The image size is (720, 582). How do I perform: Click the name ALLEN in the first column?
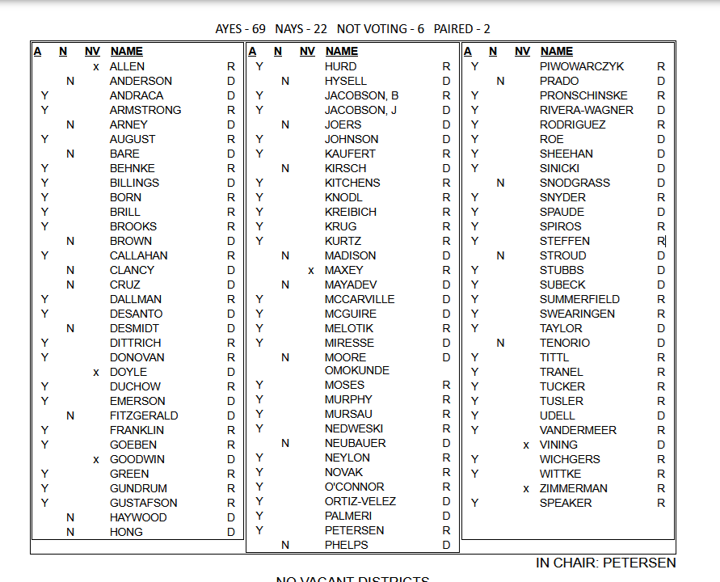127,66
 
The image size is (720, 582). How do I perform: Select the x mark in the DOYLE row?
96,373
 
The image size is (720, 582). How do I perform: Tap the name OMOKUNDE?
356,371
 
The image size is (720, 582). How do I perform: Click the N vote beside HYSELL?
285,81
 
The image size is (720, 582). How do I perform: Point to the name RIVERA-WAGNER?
586,110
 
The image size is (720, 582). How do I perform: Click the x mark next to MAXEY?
311,271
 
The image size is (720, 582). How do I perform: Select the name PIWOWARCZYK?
582,66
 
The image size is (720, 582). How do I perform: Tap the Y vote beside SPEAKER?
475,503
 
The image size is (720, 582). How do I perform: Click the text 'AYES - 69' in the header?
240,29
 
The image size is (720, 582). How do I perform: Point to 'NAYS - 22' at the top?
301,29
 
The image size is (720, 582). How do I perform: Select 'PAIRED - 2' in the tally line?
461,29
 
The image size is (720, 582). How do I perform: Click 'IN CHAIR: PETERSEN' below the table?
605,563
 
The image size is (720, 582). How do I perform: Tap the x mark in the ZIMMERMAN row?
526,489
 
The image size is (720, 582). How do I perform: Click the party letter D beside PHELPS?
446,545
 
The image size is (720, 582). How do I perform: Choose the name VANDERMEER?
578,430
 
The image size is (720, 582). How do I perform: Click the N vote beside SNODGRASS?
500,183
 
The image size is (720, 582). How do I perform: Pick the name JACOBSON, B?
361,95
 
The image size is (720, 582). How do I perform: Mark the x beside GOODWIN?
96,460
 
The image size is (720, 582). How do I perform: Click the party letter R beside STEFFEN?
660,241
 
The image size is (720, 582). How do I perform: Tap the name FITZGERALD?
144,415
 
